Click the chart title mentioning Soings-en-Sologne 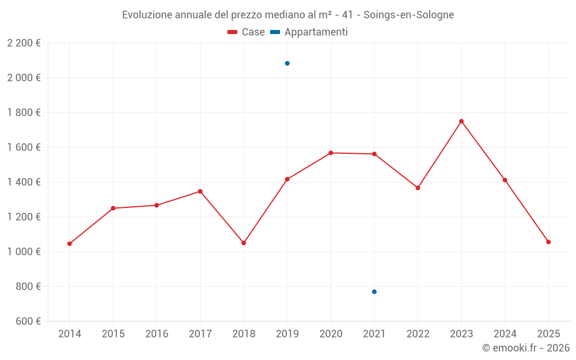coord(288,14)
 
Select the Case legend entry coord(246,32)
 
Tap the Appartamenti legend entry coord(309,32)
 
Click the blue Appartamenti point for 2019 coord(287,63)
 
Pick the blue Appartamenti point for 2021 coord(374,292)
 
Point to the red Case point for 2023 coord(461,122)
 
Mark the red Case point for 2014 coord(70,244)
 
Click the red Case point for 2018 coord(244,243)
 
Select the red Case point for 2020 coord(331,153)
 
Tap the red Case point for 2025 coord(548,242)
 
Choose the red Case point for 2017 coord(200,191)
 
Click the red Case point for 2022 coord(418,188)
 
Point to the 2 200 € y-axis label coord(24,43)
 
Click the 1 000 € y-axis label coord(24,252)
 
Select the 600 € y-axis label coord(28,321)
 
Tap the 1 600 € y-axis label coord(24,147)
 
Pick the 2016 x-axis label coord(157,334)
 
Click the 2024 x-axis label coord(505,334)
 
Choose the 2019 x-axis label coord(287,334)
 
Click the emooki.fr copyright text coord(525,348)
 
